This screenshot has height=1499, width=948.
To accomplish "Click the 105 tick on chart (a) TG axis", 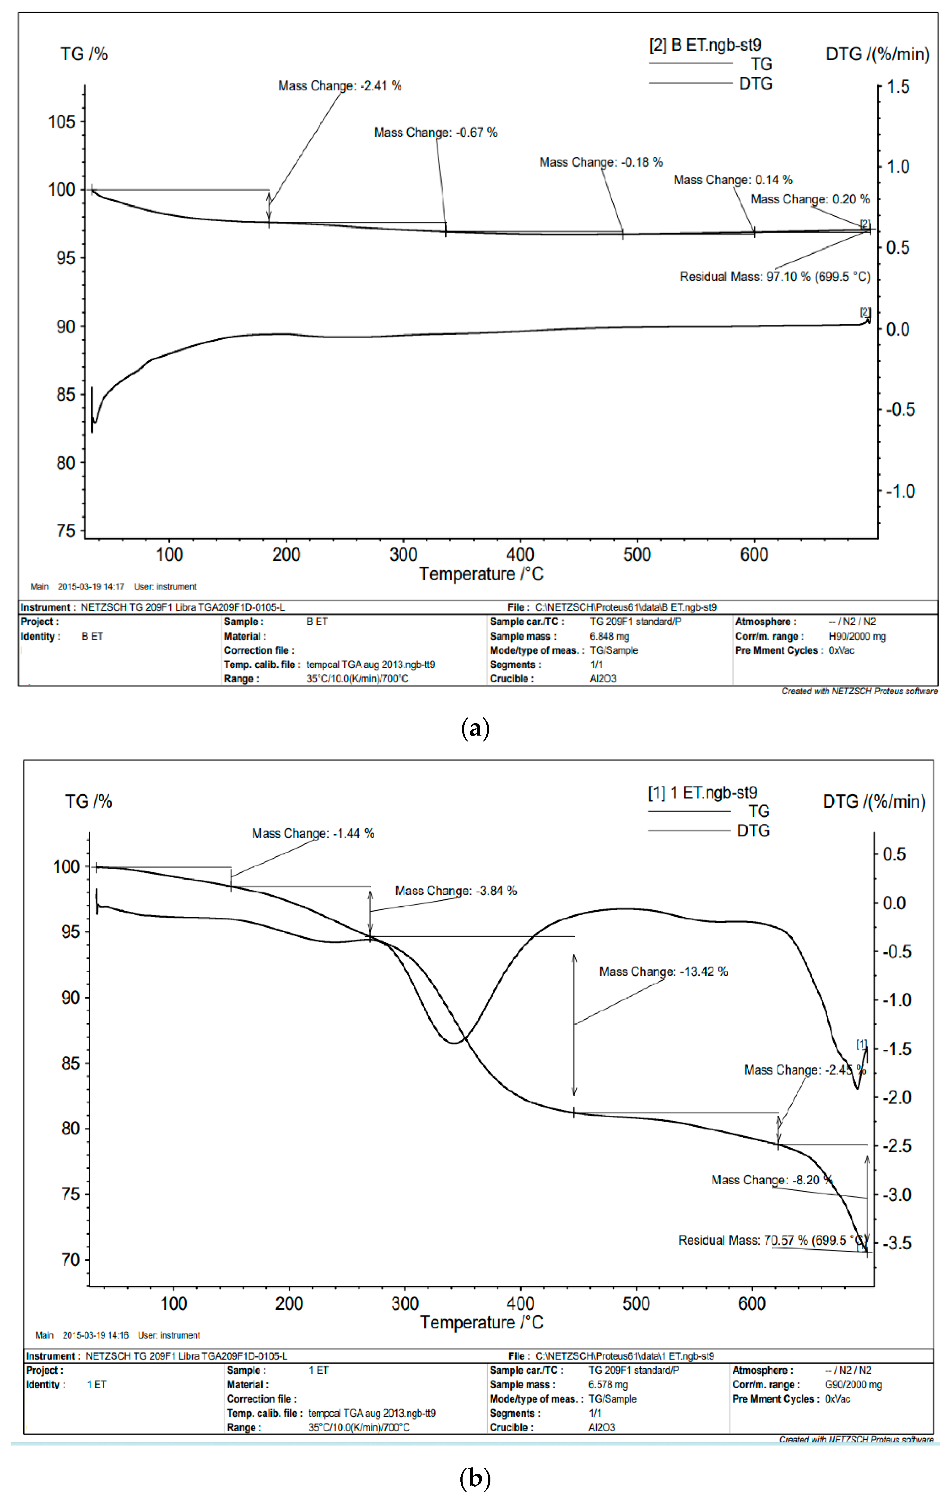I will coord(62,122).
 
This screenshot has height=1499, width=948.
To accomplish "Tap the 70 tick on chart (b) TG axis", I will coord(70,1260).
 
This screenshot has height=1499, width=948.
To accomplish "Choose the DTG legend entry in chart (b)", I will coord(753,831).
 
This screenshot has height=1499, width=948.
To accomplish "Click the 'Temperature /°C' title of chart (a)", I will coord(481,574).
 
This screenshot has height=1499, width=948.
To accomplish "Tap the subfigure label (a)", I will coord(475,728).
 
